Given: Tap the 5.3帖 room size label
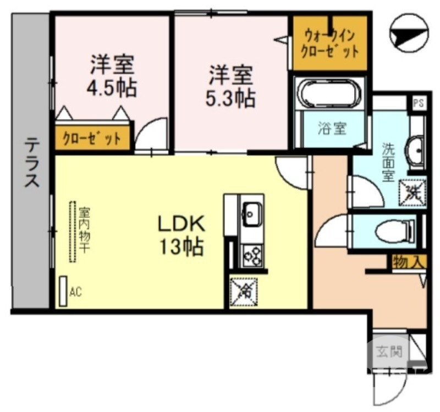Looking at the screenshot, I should [230, 98].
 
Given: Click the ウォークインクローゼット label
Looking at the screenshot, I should [329, 44].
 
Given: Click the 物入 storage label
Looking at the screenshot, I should [409, 262].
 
